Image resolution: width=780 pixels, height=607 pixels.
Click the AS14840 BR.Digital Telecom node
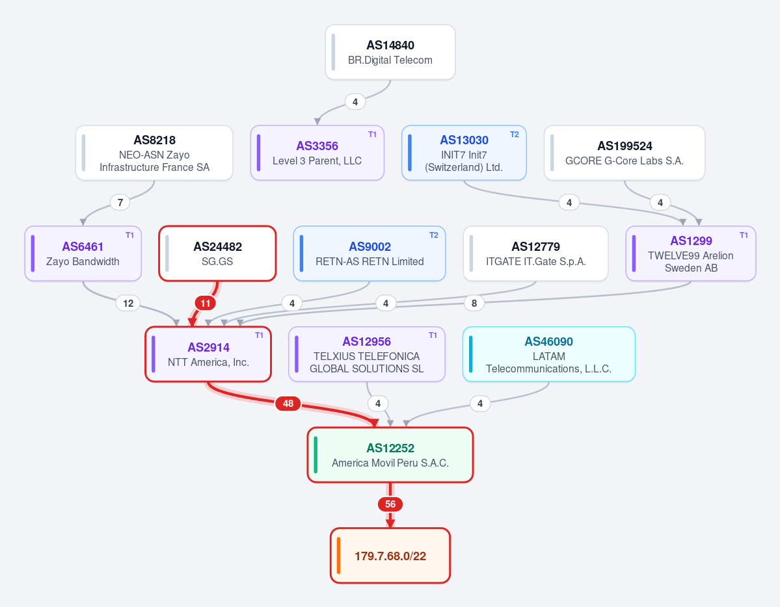[x=390, y=52]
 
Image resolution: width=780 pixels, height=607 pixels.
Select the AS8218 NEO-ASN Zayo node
[x=154, y=153]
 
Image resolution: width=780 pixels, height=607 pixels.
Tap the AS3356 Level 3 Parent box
[x=317, y=153]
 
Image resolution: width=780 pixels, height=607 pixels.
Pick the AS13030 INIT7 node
[x=464, y=153]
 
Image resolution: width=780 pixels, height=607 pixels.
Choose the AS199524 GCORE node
[x=625, y=153]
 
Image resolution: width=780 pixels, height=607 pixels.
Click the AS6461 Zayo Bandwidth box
[x=83, y=253]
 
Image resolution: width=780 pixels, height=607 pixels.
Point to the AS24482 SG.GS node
[x=217, y=253]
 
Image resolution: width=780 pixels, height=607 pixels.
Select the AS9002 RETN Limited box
[x=370, y=253]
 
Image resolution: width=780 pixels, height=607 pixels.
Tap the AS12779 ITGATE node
[x=536, y=253]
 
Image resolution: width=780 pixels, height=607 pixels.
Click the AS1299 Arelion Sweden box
[x=691, y=253]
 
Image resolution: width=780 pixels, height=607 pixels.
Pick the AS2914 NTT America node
[x=208, y=354]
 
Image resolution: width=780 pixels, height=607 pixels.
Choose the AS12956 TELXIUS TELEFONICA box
[x=367, y=354]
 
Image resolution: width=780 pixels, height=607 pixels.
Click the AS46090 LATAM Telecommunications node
[x=548, y=354]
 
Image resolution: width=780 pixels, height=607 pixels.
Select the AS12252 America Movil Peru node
[x=390, y=455]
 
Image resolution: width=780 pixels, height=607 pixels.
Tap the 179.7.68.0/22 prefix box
[x=390, y=555]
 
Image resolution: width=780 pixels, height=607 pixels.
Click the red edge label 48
[x=288, y=404]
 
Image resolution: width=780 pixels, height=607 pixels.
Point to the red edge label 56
[x=390, y=504]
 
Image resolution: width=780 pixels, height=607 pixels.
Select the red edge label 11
[x=206, y=303]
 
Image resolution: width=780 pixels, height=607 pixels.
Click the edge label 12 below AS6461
[x=128, y=303]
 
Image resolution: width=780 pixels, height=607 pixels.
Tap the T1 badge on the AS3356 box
[x=372, y=135]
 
